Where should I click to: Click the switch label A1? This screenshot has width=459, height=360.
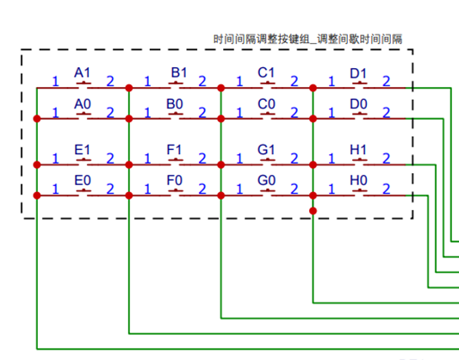[x=83, y=72]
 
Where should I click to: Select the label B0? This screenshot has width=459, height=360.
[x=175, y=104]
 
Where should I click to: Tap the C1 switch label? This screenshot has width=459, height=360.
[x=266, y=72]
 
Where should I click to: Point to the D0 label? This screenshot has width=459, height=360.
[x=358, y=104]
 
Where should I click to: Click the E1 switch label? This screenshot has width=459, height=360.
[x=83, y=150]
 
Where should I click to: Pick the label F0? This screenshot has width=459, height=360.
[x=175, y=180]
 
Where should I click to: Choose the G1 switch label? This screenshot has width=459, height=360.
[x=266, y=150]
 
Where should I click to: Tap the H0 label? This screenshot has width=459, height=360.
[x=358, y=180]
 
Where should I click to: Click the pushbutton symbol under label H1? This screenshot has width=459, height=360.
[x=359, y=160]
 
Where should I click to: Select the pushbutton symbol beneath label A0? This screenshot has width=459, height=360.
[x=84, y=115]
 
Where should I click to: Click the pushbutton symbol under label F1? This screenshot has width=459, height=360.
[x=176, y=160]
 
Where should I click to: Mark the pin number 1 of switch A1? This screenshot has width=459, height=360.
[x=55, y=81]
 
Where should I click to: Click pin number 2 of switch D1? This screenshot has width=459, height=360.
[x=387, y=81]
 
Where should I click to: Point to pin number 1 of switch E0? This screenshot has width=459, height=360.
[x=55, y=189]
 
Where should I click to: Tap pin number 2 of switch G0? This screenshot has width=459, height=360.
[x=295, y=189]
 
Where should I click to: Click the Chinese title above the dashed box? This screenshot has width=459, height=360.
[x=307, y=39]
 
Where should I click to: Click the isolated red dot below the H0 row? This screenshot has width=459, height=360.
[x=313, y=211]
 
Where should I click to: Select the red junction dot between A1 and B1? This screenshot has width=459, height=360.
[x=129, y=88]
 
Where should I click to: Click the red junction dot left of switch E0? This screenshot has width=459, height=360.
[x=37, y=196]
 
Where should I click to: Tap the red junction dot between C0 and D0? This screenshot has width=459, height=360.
[x=313, y=119]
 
